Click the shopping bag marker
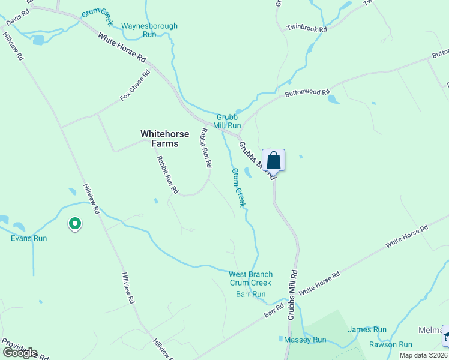point(273,161)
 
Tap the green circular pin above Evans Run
point(75,224)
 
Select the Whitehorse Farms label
point(159,139)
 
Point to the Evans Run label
point(29,238)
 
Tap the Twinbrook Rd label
point(306,28)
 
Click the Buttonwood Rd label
point(307,93)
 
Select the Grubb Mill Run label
point(229,121)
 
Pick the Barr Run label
point(250,294)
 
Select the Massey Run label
point(305,340)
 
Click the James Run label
point(367,329)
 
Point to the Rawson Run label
point(390,344)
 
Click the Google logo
point(20,353)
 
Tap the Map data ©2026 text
point(423,355)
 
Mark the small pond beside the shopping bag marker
point(248,173)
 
